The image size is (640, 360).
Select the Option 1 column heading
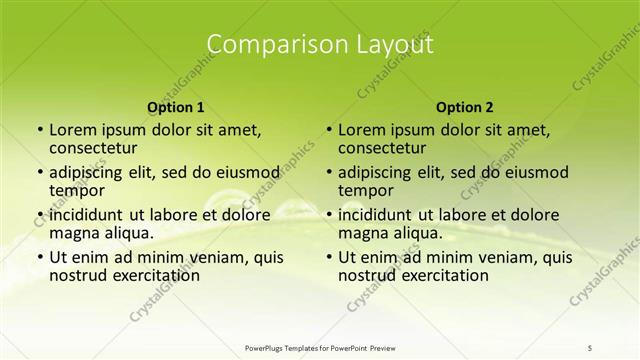pos(176,107)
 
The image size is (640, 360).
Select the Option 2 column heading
pos(465,107)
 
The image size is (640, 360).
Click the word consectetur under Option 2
pos(384,149)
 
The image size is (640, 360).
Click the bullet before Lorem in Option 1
pos(39,130)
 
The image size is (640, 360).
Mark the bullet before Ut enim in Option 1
pos(39,257)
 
